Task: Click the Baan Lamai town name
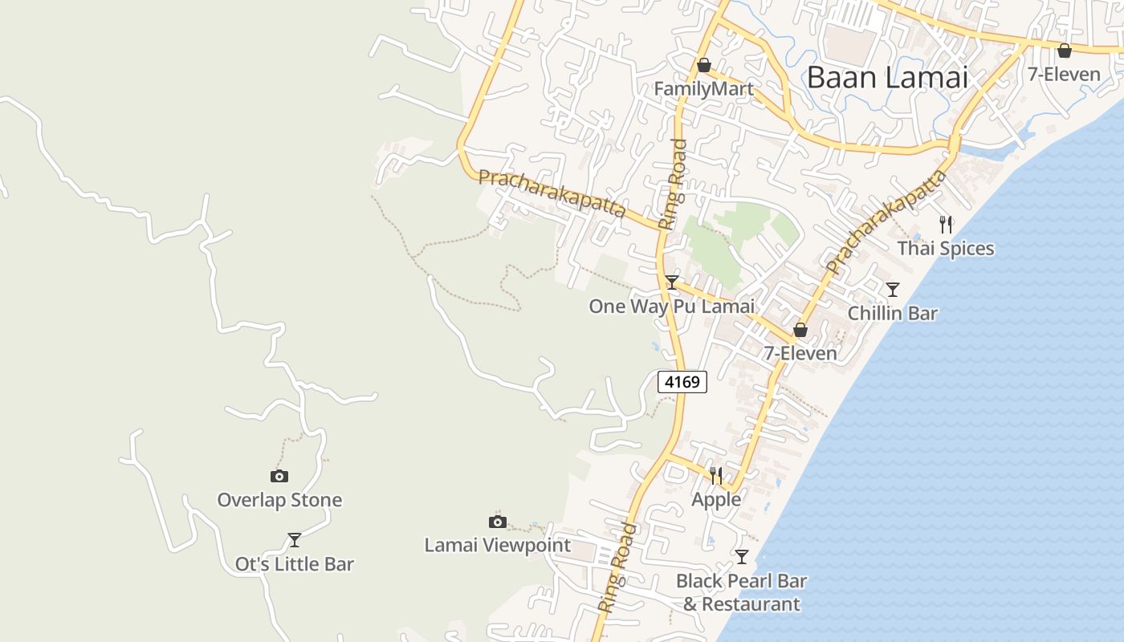point(887,78)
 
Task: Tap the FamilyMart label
point(703,88)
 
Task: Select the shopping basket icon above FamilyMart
point(704,64)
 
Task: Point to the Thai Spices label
point(945,249)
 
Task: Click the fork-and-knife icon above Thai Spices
point(946,225)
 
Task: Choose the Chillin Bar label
point(892,313)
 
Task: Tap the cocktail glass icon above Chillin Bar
point(892,289)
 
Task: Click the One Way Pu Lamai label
point(671,307)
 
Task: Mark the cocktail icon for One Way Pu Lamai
point(672,282)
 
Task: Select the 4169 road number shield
point(682,382)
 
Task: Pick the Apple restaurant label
point(716,499)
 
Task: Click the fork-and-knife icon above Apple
point(716,476)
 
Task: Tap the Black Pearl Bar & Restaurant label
point(741,592)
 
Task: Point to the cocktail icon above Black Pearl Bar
point(742,556)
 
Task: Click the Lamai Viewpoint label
point(497,546)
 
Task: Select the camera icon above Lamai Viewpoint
point(498,522)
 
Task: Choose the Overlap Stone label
point(279,500)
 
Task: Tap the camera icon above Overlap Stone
point(279,476)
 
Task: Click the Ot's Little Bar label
point(294,564)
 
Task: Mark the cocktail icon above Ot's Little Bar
point(295,539)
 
